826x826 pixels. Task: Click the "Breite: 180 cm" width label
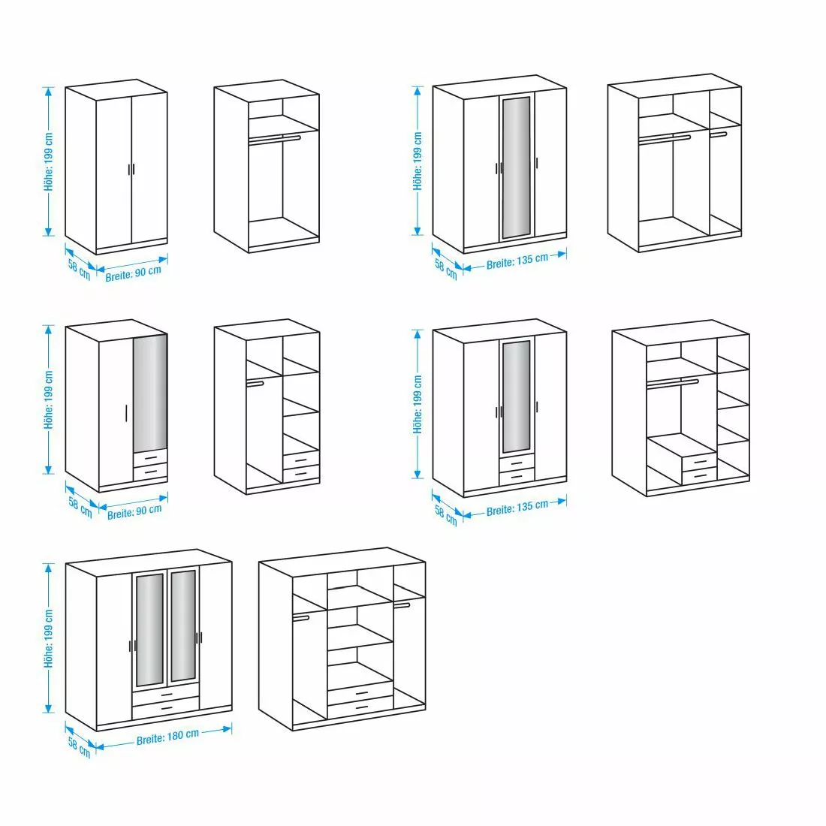point(167,737)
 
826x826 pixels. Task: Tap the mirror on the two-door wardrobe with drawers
point(150,392)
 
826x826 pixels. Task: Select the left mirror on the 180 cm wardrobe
point(149,629)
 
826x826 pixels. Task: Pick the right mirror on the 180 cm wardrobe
point(182,626)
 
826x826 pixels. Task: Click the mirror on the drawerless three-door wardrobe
point(516,167)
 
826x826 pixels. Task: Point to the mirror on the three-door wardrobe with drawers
point(516,396)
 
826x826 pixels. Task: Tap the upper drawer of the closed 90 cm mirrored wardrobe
point(150,457)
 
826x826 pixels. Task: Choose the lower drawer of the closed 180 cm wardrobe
point(166,709)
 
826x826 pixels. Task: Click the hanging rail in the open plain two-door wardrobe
point(274,138)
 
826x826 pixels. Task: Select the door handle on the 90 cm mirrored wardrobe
point(125,415)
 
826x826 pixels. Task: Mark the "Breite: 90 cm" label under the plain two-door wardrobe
point(134,272)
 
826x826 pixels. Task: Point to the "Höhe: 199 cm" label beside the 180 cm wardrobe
point(50,638)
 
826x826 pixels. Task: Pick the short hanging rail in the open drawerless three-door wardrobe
point(719,134)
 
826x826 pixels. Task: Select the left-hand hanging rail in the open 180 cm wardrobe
point(301,617)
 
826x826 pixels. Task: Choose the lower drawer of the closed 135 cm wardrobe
point(516,475)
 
